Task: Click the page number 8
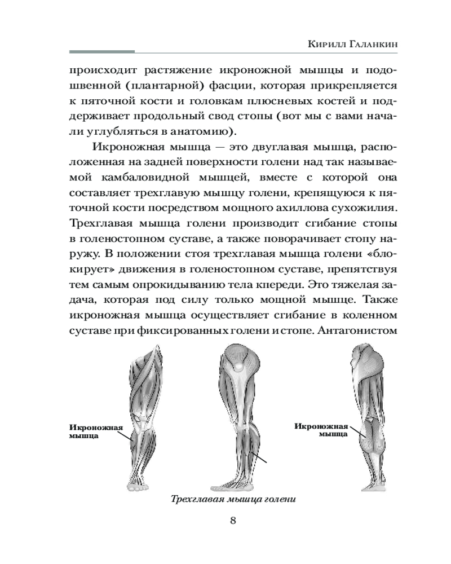point(233,519)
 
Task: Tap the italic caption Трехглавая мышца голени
point(233,500)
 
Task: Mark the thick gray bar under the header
point(101,52)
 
